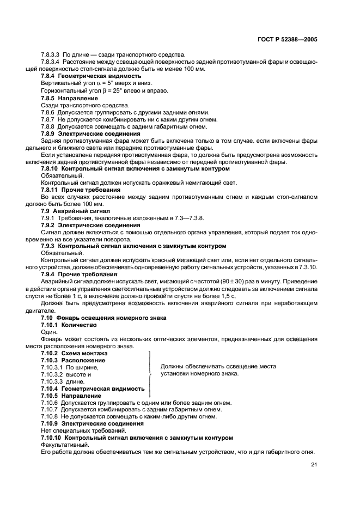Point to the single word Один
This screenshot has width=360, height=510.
48,331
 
